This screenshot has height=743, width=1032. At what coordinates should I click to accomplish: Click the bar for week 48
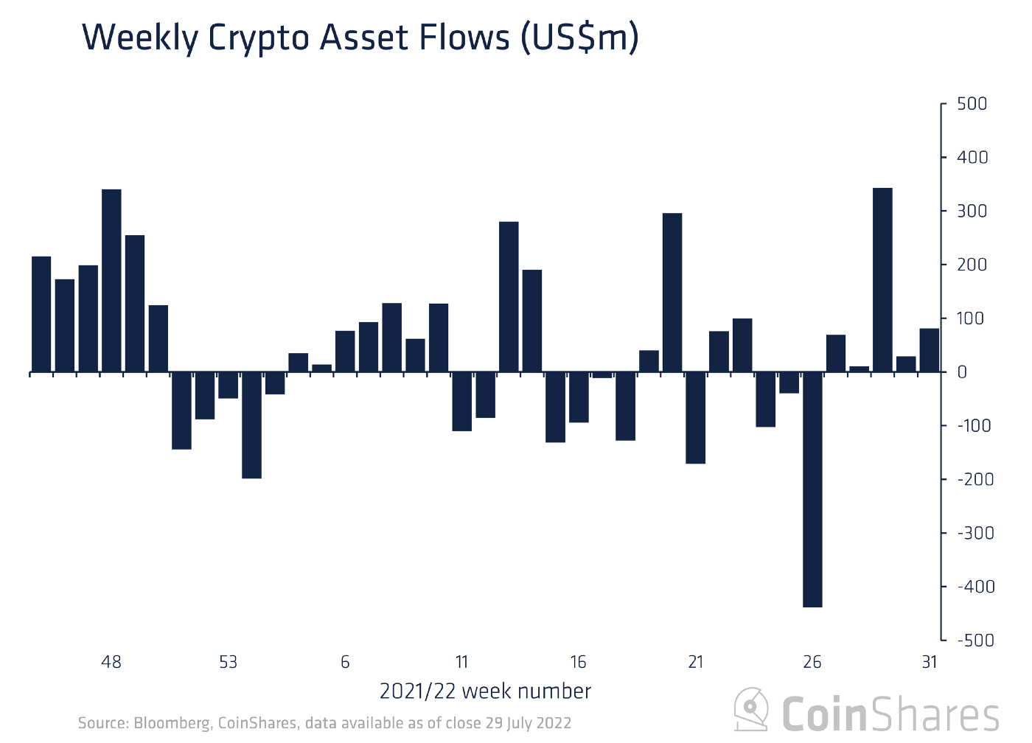point(111,280)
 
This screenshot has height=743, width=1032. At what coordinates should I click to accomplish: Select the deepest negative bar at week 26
point(812,489)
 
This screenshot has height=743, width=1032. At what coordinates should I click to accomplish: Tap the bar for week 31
point(929,350)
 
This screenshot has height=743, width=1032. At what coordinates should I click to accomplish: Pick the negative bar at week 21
point(695,417)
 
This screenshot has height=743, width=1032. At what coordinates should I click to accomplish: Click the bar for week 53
point(229,385)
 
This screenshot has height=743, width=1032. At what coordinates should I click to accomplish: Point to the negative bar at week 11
point(461,401)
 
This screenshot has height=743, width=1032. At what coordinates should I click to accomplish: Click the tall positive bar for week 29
point(882,280)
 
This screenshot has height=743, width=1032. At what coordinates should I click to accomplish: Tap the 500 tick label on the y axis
point(972,104)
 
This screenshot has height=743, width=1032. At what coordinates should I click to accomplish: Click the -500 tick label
point(975,640)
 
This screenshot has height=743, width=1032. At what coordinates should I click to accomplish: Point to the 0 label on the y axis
point(961,372)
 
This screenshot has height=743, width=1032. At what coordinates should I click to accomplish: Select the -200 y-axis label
point(975,479)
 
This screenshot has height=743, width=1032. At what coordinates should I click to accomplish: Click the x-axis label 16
point(578,662)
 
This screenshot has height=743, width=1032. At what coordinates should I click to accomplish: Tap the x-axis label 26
point(812,662)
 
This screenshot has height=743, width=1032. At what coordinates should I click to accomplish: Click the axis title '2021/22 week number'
point(485,691)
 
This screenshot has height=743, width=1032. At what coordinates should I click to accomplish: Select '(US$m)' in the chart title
point(579,38)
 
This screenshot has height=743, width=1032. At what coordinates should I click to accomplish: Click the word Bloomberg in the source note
point(172,723)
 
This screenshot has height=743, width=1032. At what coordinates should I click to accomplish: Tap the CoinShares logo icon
point(752,709)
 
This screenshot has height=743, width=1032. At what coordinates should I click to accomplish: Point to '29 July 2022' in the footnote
point(528,723)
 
